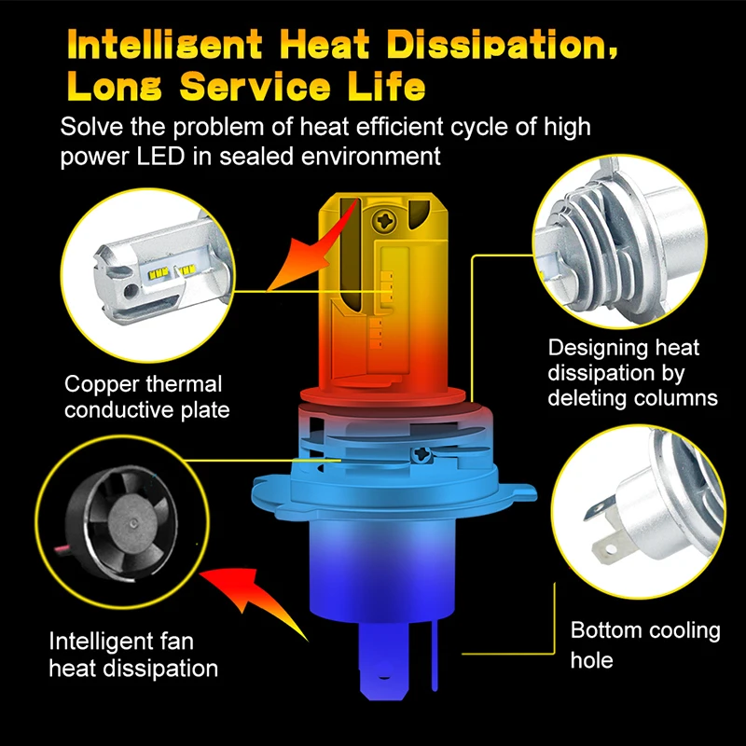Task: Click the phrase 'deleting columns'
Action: (632, 398)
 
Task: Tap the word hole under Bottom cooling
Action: (591, 659)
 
